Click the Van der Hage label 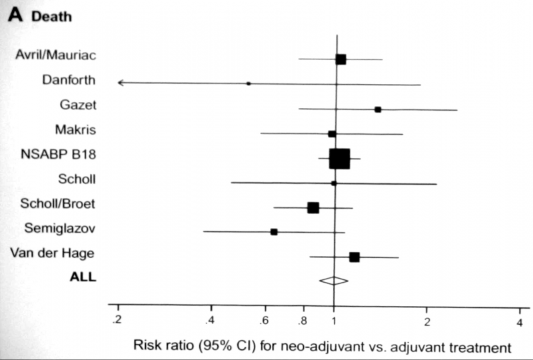coord(53,253)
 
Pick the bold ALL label coord(84,277)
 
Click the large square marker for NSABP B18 coord(339,159)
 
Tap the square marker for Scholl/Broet coord(313,207)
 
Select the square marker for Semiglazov coord(274,232)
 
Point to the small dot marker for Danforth coord(249,84)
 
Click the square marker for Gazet coord(378,109)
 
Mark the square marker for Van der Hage coord(354,257)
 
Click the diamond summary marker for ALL coord(334,281)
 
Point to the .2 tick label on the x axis coord(117,321)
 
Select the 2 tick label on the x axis coord(426,322)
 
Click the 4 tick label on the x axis coord(519,322)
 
